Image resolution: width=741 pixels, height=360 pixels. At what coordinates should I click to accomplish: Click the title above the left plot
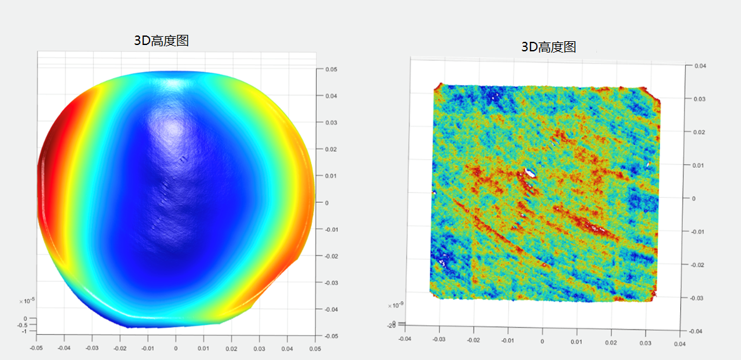[161, 41]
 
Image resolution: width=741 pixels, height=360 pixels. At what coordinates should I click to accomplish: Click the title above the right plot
[548, 46]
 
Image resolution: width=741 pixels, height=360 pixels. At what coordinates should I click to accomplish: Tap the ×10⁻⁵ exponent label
[26, 300]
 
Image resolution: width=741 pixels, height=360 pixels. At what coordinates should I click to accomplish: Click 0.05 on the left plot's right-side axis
[331, 69]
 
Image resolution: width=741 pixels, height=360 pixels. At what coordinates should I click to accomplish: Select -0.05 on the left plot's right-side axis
[332, 336]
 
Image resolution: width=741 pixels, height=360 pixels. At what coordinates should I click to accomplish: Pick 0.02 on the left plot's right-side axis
[331, 149]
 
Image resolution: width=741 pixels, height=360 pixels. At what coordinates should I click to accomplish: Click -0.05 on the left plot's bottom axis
[37, 347]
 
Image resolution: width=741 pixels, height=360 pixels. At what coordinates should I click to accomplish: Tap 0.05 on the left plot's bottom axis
[315, 347]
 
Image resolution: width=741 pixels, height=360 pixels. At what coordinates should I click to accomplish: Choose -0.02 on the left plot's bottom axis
[120, 347]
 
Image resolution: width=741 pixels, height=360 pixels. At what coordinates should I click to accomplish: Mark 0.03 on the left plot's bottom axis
[259, 347]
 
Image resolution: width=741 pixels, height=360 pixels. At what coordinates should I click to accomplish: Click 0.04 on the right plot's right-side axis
[700, 66]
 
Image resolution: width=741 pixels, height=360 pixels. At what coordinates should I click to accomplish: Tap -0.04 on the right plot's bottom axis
[404, 338]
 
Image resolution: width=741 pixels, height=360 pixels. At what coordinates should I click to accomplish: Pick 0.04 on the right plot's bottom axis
[680, 344]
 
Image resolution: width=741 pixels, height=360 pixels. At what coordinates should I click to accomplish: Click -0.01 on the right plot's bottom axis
[507, 340]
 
